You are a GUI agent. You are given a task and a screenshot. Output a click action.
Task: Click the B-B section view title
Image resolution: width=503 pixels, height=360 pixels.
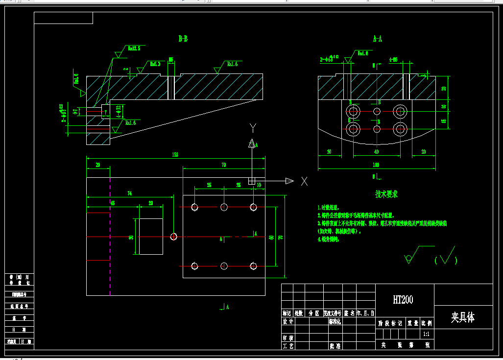point(183,38)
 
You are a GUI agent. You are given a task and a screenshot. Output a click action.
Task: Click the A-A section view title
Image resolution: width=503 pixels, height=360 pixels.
point(377,38)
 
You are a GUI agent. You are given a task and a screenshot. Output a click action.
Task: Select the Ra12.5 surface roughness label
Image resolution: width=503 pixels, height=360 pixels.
point(134,48)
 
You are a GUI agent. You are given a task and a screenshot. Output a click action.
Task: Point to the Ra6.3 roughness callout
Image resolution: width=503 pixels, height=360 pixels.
point(155,64)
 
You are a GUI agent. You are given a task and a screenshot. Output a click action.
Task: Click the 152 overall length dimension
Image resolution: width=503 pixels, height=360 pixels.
point(175,154)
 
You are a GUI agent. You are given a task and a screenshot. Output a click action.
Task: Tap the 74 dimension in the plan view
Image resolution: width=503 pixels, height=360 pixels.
point(129,193)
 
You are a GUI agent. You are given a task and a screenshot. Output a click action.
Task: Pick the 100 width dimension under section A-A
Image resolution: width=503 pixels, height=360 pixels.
point(376,165)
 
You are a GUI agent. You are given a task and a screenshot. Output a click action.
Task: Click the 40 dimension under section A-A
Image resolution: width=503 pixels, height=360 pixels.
point(376,152)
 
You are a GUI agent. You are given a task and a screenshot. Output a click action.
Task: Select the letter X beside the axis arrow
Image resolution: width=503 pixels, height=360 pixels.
point(304,181)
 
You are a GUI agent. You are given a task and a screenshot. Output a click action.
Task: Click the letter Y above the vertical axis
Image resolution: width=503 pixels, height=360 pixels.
point(253,128)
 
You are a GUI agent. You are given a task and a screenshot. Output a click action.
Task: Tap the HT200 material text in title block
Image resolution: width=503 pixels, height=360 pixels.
point(403,300)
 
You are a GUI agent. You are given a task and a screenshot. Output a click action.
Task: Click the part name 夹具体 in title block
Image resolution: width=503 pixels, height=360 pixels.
point(463,317)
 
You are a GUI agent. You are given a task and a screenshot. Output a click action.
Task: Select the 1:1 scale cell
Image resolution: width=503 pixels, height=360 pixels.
point(426,334)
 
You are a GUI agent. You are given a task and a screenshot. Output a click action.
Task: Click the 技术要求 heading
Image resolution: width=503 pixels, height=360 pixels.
point(386,194)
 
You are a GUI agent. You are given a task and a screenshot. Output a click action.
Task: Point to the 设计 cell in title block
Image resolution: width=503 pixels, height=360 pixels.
point(287,322)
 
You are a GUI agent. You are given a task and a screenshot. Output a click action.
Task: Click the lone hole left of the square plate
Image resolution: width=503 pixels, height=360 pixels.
point(174,237)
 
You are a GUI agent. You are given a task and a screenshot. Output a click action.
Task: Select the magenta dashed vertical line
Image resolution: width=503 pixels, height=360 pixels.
point(110,235)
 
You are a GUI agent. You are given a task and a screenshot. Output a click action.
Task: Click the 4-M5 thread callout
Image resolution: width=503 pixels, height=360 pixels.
point(393,59)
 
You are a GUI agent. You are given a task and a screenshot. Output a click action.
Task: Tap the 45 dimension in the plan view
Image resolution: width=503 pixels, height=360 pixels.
point(112,202)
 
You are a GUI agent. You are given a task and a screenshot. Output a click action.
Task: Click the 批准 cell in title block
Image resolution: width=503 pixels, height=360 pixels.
point(335,346)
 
